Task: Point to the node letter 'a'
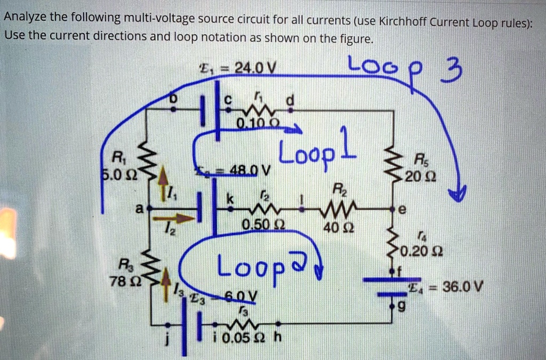tap(139, 210)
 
